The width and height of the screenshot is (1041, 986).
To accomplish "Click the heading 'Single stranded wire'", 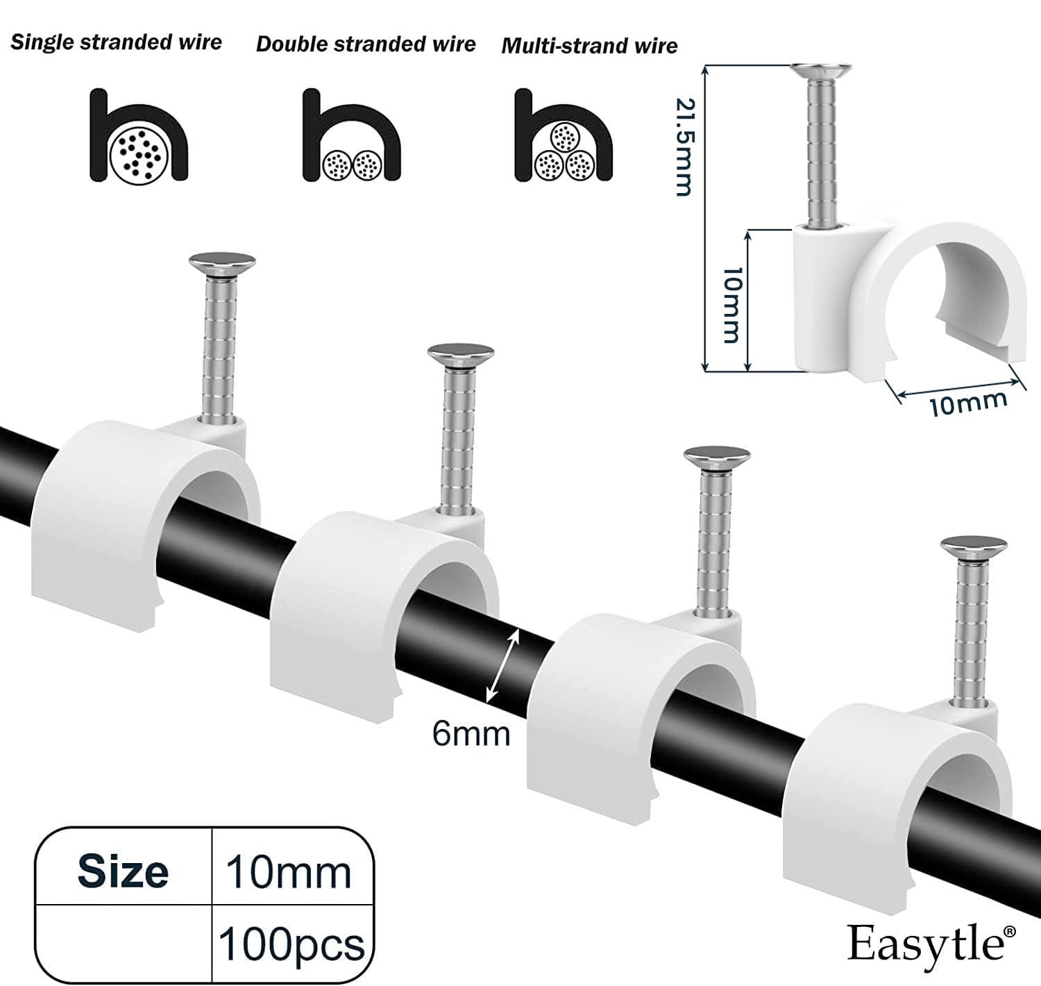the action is pyautogui.click(x=116, y=42).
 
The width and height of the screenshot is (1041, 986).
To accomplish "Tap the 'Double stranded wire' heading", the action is pyautogui.click(x=366, y=44).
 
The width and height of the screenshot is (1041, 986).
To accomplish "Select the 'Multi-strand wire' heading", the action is pyautogui.click(x=589, y=46).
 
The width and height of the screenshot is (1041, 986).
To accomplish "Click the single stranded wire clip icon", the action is pyautogui.click(x=139, y=137).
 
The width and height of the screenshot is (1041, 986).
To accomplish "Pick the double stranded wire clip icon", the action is pyautogui.click(x=352, y=135).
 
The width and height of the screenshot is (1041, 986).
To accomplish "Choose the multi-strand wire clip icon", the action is pyautogui.click(x=564, y=135).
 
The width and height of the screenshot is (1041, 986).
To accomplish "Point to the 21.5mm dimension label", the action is pyautogui.click(x=684, y=147).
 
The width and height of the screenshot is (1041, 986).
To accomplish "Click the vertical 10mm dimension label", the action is pyautogui.click(x=731, y=305).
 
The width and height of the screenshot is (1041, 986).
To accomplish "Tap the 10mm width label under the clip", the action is pyautogui.click(x=968, y=403).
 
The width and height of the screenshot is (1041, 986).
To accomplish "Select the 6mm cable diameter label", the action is pyautogui.click(x=471, y=734).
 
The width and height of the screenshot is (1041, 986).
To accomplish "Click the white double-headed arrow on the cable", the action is pyautogui.click(x=502, y=668).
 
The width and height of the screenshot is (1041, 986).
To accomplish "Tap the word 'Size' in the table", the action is pyautogui.click(x=123, y=871).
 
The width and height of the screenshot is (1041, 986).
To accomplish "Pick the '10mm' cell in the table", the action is pyautogui.click(x=289, y=873).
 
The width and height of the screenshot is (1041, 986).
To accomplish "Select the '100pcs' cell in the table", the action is pyautogui.click(x=291, y=944).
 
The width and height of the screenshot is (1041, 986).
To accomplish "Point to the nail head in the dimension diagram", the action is pyautogui.click(x=821, y=70).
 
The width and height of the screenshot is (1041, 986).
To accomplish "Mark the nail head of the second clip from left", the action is pyautogui.click(x=461, y=354).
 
